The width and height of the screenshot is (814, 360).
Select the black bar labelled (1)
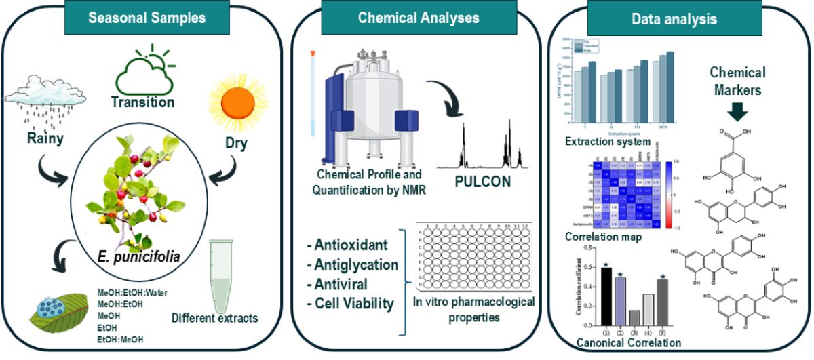596,297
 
